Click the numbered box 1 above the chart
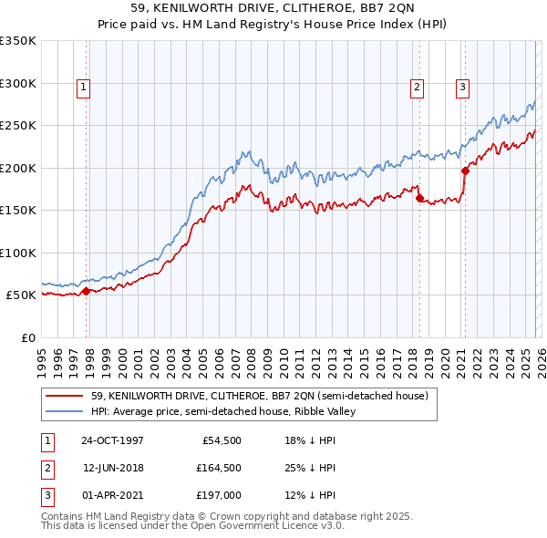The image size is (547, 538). (83, 88)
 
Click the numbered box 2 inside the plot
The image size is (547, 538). (417, 88)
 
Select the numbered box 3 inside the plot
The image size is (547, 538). (463, 88)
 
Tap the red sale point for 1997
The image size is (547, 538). (87, 292)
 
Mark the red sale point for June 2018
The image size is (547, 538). (419, 198)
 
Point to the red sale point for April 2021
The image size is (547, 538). (465, 171)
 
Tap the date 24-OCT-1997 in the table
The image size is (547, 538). (112, 440)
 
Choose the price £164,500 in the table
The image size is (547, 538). (219, 468)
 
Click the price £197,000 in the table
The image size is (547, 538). (219, 495)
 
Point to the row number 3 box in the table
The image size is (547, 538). (46, 495)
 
